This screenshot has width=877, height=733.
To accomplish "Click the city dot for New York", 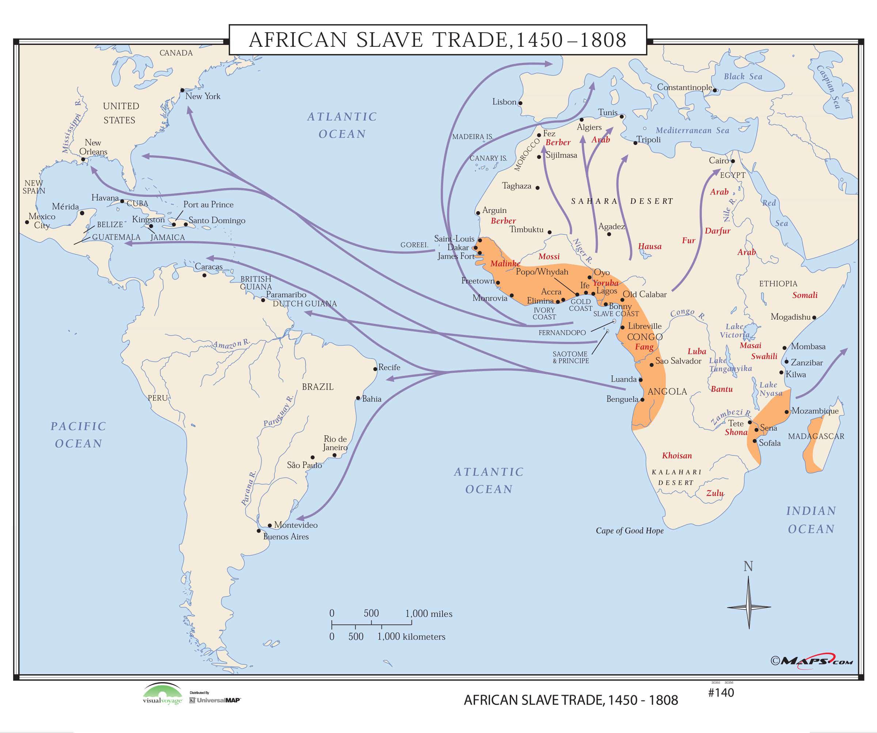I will pyautogui.click(x=182, y=90).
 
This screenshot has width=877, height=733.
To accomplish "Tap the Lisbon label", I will pyautogui.click(x=504, y=102).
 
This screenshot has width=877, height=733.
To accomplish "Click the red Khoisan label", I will pyautogui.click(x=676, y=456).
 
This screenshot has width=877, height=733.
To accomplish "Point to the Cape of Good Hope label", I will pyautogui.click(x=629, y=531).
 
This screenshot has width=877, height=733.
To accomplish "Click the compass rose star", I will pyautogui.click(x=749, y=607).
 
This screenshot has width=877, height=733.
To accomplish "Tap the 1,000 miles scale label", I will pyautogui.click(x=429, y=614).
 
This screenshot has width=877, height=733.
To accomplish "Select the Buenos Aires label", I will pyautogui.click(x=286, y=537).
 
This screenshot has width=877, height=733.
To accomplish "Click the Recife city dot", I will pyautogui.click(x=375, y=369).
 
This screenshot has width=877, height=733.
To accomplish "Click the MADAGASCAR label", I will pyautogui.click(x=816, y=436).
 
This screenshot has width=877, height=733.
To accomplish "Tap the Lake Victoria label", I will pyautogui.click(x=734, y=331).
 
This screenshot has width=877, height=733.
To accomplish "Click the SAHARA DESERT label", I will pyautogui.click(x=622, y=201).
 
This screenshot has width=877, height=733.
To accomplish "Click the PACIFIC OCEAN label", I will pyautogui.click(x=79, y=435).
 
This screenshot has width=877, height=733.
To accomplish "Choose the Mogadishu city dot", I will pyautogui.click(x=814, y=318).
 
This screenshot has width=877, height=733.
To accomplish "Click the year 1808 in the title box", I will pyautogui.click(x=603, y=40).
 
